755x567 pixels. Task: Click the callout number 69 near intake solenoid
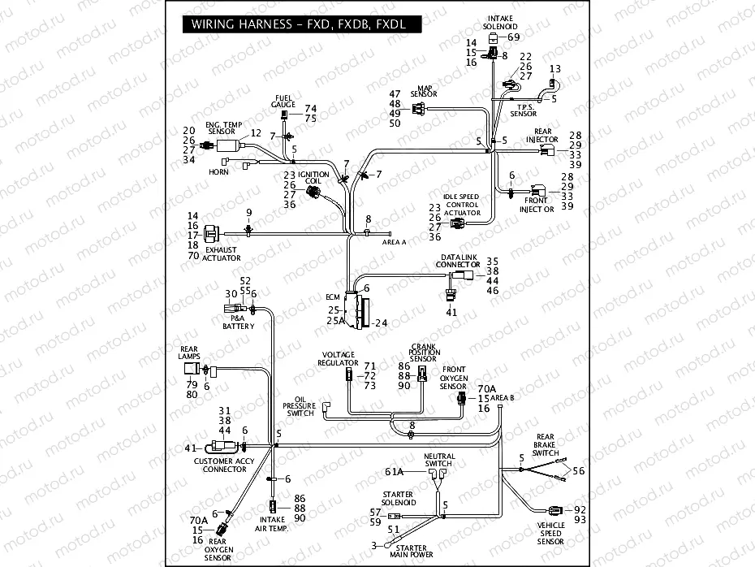pos(513,37)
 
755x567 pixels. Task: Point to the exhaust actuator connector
pos(213,232)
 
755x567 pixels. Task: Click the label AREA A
pos(394,242)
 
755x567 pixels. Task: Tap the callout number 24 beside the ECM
pos(382,322)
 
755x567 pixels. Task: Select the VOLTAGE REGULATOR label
pos(339,358)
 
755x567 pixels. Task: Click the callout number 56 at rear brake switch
pos(578,471)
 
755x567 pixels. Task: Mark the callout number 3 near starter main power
pos(374,546)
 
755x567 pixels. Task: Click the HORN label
pos(218,171)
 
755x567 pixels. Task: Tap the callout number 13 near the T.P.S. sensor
pos(555,69)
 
